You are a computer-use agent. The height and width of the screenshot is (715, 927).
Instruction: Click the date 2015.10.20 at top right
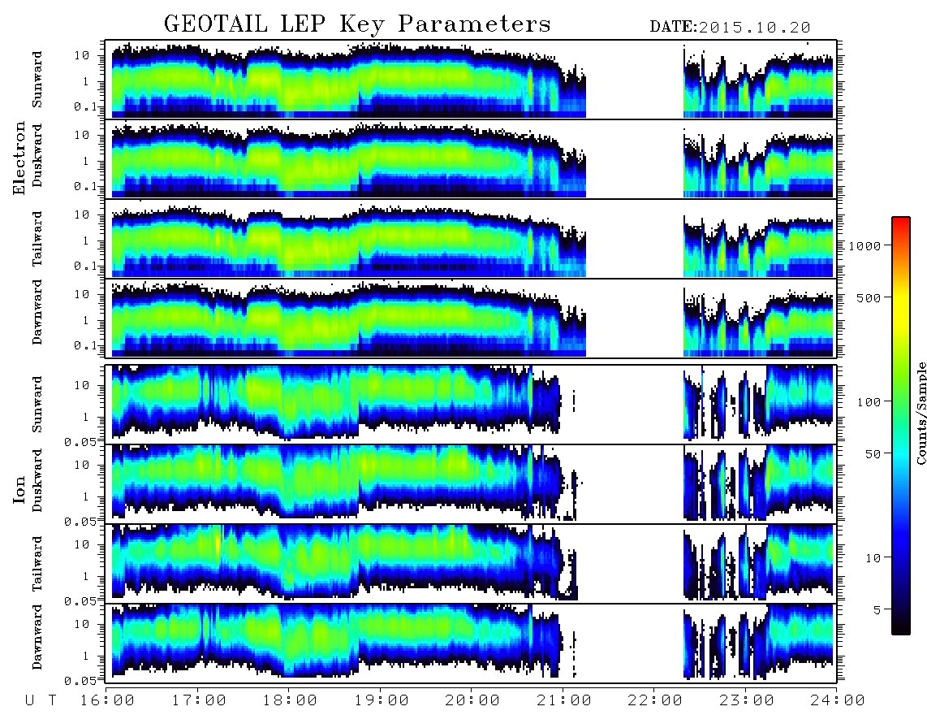click(754, 28)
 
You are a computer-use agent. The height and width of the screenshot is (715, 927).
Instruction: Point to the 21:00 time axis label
click(563, 701)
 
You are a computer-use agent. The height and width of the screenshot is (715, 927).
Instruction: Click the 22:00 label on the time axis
click(654, 701)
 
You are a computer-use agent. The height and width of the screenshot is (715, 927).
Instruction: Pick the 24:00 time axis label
click(837, 701)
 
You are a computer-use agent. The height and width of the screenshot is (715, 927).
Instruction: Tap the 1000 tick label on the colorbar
click(864, 245)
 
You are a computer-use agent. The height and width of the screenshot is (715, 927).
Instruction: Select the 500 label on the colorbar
click(869, 297)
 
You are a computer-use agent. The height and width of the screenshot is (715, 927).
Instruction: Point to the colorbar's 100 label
click(869, 402)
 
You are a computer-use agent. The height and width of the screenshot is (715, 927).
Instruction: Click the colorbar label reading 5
click(877, 609)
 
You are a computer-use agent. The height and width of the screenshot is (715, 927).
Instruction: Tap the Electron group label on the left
click(19, 158)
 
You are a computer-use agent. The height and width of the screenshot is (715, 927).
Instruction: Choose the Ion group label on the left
click(19, 490)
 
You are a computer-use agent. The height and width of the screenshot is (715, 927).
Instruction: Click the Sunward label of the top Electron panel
click(37, 80)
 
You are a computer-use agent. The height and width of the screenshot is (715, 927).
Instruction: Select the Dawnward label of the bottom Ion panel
click(37, 637)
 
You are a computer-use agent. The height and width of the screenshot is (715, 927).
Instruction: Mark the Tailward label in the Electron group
click(37, 239)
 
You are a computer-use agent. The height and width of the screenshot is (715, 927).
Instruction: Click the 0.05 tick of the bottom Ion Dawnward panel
click(80, 681)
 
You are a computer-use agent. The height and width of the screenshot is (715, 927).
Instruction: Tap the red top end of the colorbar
click(901, 219)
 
